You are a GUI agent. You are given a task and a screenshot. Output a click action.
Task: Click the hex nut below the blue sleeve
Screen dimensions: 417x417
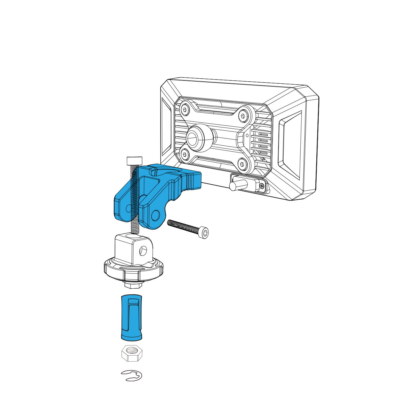point(132,354)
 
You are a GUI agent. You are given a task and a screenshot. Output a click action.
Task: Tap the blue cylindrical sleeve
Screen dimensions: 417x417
point(131,318)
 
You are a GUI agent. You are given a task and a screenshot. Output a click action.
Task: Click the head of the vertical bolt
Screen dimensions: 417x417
point(134,161)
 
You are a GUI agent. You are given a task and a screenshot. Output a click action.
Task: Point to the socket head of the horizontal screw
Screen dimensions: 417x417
point(205,233)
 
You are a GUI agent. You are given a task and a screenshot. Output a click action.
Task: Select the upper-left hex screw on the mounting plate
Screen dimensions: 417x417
point(185,110)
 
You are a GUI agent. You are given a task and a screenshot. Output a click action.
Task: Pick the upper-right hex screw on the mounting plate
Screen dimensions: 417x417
point(243,116)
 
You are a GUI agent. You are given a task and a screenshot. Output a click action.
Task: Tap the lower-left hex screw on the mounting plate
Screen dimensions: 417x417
point(185,154)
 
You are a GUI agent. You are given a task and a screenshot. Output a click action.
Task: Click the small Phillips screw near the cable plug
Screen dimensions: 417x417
point(262,186)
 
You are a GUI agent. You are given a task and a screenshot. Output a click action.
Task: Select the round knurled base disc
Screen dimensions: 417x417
point(134,270)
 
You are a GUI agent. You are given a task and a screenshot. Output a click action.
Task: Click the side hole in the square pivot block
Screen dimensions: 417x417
point(143,250)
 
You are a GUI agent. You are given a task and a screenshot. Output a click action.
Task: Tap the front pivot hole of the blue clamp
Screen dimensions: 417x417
point(155,215)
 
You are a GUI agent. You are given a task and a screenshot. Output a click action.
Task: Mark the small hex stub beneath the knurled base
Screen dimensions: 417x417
point(133,285)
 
